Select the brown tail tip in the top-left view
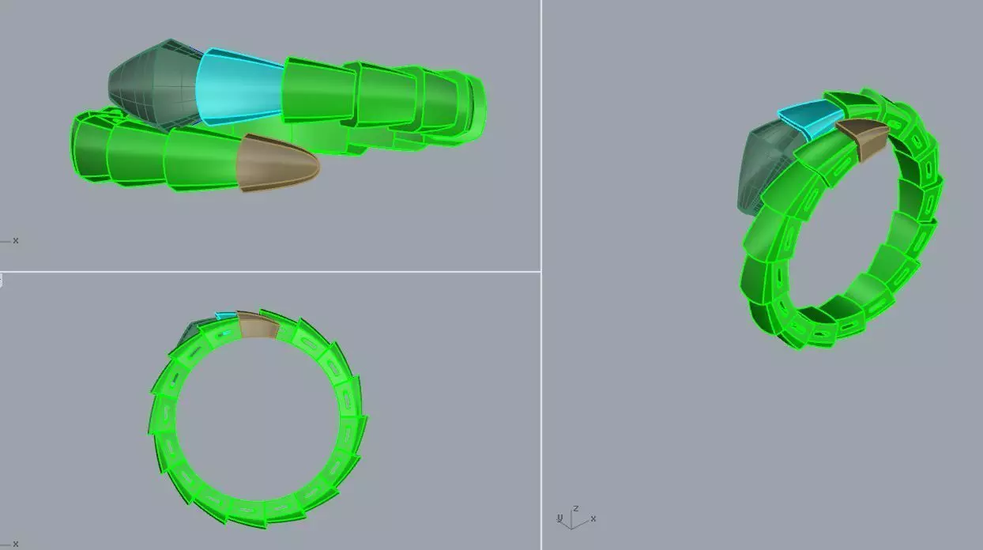tap(277, 163)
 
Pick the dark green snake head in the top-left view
tap(154, 83)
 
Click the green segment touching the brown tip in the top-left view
tap(201, 158)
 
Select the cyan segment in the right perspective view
tap(811, 118)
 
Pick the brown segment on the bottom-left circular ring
tap(256, 326)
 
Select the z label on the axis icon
tap(576, 508)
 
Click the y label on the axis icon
tap(559, 518)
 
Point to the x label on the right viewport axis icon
tap(593, 518)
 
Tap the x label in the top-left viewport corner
tap(16, 240)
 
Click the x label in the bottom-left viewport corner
tap(16, 544)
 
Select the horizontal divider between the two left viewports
tap(269, 271)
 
